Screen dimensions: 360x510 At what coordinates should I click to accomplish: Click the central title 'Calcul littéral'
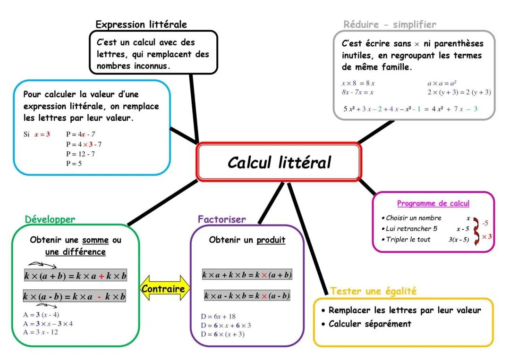point(279,162)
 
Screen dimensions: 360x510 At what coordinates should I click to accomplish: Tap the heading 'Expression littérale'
point(141,24)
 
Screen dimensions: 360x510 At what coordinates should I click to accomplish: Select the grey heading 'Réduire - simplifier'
point(390,24)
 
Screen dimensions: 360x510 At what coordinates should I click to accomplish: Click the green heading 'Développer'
point(50,219)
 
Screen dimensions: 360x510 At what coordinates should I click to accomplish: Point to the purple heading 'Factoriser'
point(221,219)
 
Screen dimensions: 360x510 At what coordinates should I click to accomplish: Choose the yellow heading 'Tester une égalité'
point(373,291)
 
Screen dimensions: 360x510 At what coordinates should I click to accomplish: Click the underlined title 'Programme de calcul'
point(433,203)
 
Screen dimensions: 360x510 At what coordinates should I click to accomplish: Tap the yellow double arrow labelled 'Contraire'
point(163,289)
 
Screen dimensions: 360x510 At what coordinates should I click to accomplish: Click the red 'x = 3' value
point(42,134)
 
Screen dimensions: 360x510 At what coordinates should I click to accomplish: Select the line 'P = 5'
point(74,163)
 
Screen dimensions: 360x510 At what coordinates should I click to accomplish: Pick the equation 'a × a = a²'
point(442,83)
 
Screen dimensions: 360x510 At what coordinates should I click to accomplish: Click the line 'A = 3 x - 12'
point(41,332)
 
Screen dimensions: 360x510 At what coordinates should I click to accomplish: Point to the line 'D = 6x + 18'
point(218,317)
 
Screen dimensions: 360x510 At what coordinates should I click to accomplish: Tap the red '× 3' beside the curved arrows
point(486,236)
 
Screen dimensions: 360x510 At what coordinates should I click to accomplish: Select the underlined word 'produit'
point(271,240)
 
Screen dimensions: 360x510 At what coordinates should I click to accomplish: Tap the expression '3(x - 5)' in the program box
point(459,240)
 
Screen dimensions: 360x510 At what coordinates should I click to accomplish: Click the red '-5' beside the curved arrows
point(485,223)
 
